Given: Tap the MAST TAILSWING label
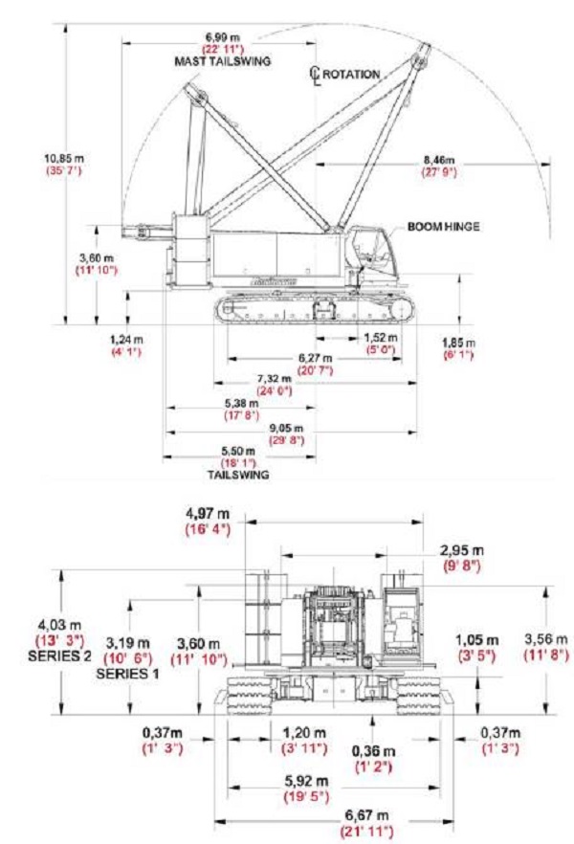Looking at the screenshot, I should click(223, 61).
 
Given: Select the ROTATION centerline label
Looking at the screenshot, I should click(351, 74).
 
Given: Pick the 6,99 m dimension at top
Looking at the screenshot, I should click(221, 36).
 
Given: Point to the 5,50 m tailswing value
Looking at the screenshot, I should click(237, 450).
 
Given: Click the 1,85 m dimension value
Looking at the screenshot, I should click(458, 342).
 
